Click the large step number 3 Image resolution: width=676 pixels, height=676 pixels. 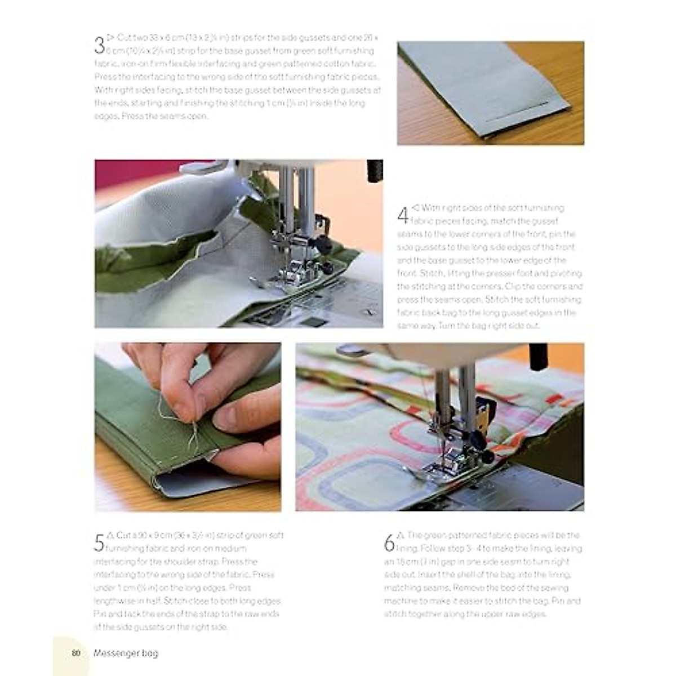(x=99, y=45)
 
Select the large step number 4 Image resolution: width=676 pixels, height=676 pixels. (x=403, y=215)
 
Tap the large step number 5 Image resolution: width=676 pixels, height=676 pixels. (x=99, y=542)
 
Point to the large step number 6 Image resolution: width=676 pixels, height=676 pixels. (x=389, y=542)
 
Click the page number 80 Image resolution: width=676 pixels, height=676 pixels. (x=76, y=653)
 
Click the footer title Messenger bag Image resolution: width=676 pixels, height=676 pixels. (x=126, y=653)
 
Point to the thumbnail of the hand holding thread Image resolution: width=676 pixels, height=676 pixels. (x=188, y=427)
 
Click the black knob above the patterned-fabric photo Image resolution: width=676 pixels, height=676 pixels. (x=538, y=356)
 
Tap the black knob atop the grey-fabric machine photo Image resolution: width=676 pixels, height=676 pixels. (x=375, y=171)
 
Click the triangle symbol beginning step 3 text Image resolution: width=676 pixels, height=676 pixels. (x=110, y=38)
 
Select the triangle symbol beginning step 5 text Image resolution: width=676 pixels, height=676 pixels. (x=110, y=535)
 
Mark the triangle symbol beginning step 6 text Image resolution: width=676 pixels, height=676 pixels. (x=401, y=535)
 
